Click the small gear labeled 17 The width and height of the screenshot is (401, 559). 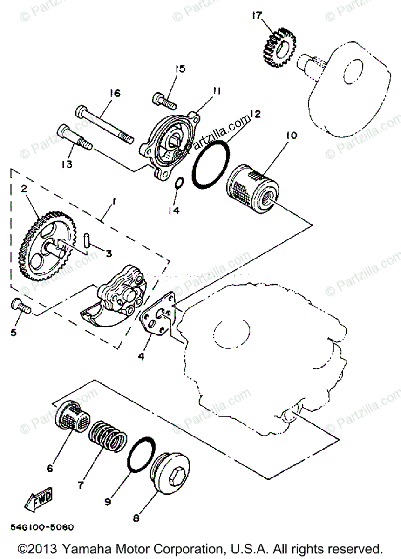click(278, 48)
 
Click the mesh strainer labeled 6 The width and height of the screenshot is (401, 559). click(70, 416)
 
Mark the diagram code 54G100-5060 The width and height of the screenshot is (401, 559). click(42, 528)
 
